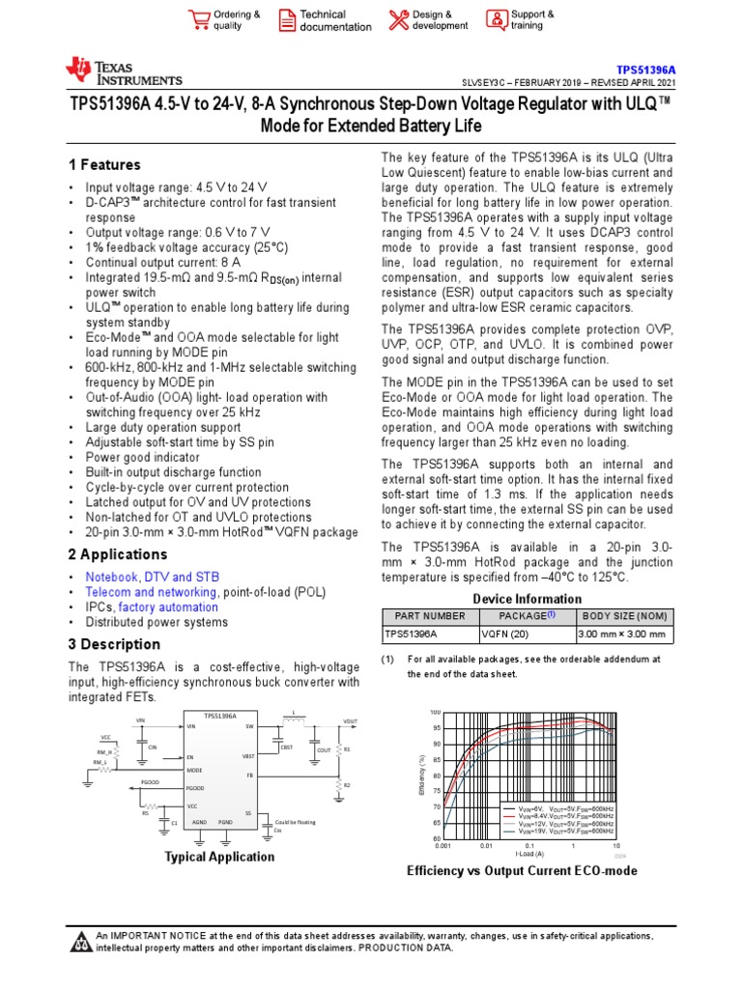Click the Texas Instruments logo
(x=123, y=71)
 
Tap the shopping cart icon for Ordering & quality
(x=199, y=20)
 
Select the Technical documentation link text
(x=334, y=20)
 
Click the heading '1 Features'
(x=104, y=165)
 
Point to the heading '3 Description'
(x=114, y=644)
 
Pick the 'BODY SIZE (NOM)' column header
(x=623, y=616)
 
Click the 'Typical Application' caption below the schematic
(x=219, y=857)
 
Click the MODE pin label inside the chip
(x=195, y=770)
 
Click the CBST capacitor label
(x=287, y=749)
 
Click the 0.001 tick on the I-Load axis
(x=442, y=845)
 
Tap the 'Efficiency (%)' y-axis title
(x=422, y=776)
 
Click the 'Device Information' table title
(x=527, y=599)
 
